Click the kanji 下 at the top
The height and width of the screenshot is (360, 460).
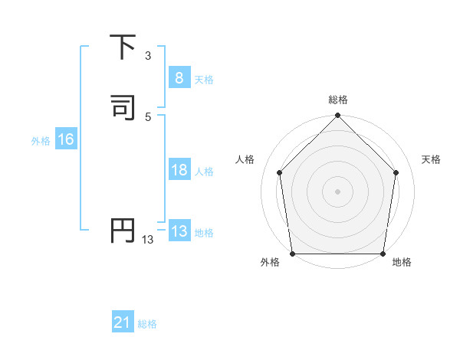pyautogui.click(x=122, y=47)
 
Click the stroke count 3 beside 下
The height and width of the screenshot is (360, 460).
pyautogui.click(x=147, y=56)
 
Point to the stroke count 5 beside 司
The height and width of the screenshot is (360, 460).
pyautogui.click(x=147, y=116)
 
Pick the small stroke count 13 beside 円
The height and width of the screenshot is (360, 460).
pyautogui.click(x=147, y=240)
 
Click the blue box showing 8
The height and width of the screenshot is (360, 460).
pyautogui.click(x=179, y=78)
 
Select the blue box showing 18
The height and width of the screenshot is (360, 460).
pyautogui.click(x=179, y=170)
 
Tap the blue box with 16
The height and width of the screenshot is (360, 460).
pyautogui.click(x=65, y=139)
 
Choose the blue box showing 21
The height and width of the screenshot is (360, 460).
pyautogui.click(x=123, y=323)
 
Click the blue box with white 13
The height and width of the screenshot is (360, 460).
pyautogui.click(x=179, y=231)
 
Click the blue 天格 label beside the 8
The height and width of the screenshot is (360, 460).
pyautogui.click(x=204, y=80)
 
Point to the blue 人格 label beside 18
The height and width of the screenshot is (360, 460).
pyautogui.click(x=204, y=172)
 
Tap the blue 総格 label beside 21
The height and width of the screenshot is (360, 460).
pyautogui.click(x=147, y=325)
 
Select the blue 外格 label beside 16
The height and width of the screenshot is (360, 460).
pyautogui.click(x=41, y=141)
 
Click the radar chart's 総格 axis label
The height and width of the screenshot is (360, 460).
pyautogui.click(x=337, y=100)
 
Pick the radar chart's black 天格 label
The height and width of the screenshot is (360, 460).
pyautogui.click(x=432, y=159)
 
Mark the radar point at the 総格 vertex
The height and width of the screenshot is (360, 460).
pyautogui.click(x=337, y=116)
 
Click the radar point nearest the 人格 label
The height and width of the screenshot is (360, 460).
pyautogui.click(x=280, y=172)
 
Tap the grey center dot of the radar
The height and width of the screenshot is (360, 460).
pyautogui.click(x=337, y=191)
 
